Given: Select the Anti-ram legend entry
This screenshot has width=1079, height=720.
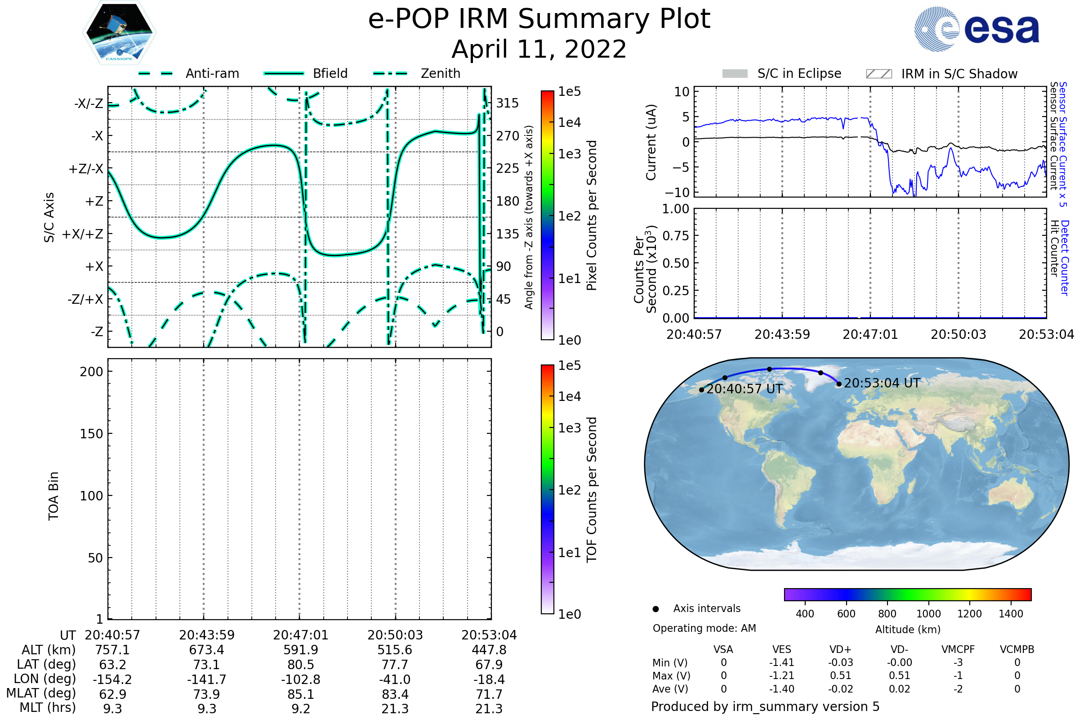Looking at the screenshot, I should coord(188,73).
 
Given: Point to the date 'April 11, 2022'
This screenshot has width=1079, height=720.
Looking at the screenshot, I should coord(539,49).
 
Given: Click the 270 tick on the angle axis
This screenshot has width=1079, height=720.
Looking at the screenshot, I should coord(508,136).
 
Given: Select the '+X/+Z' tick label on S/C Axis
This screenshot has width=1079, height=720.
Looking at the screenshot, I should coord(83,234).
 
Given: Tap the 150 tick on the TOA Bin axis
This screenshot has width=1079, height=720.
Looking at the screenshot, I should coord(91,434).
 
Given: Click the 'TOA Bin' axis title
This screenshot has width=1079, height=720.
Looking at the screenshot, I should coord(54,496).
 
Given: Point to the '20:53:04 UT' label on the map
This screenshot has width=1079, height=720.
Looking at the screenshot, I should coord(882,383).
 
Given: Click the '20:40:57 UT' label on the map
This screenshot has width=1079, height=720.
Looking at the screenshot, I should coord(744,389).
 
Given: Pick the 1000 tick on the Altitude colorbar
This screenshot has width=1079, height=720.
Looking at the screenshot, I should coord(928,614).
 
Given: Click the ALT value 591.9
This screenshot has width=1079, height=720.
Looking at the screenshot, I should coord(301,650).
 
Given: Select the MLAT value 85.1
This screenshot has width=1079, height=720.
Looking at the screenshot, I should coord(301,694).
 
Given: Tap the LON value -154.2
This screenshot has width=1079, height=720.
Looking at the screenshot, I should coord(112,679).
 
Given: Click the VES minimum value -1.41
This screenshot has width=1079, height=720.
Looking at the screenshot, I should coord(781,662).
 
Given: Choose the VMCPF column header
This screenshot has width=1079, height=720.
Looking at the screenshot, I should coord(958,649).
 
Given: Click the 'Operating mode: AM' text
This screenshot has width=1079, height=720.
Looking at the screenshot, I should coord(704,628).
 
